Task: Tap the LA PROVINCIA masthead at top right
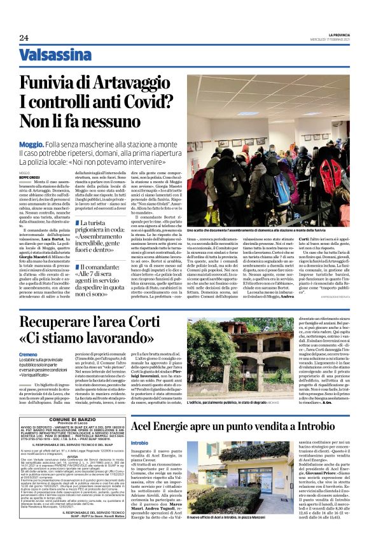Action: [x=344, y=34]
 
